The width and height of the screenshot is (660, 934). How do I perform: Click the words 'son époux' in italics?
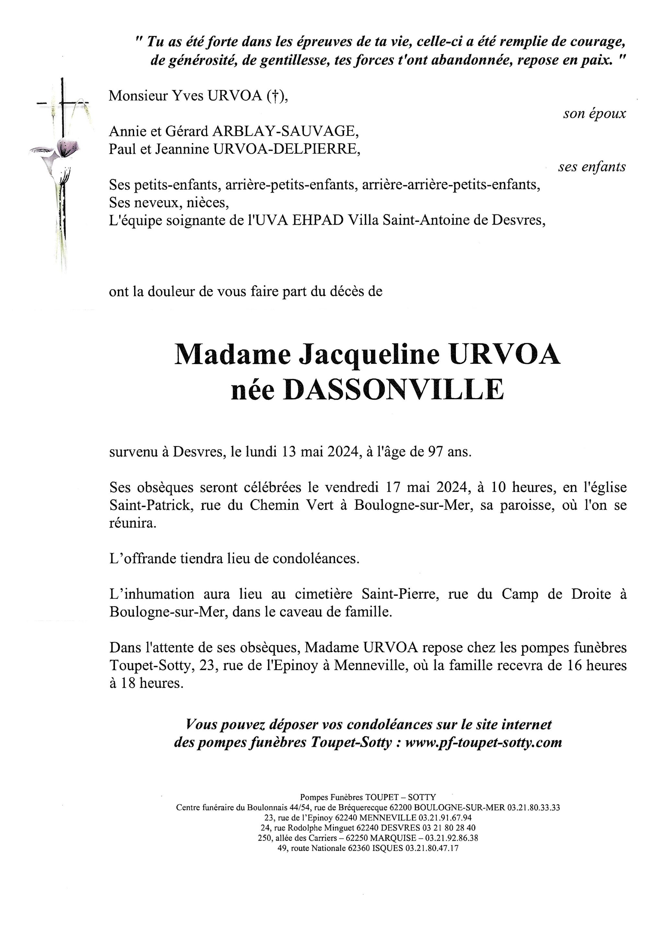pos(594,114)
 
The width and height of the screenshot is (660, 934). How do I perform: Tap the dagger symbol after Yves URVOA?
pos(275,96)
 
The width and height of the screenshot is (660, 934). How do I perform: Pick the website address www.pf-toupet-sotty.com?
pos(484,742)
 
